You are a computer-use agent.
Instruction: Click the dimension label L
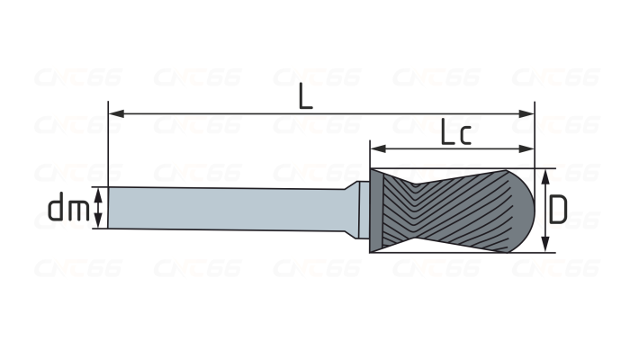tap(305, 96)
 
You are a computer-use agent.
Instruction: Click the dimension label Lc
tap(456, 131)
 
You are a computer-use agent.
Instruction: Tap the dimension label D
tap(558, 210)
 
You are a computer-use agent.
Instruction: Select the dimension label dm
tap(68, 207)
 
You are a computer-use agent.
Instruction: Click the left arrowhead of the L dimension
tap(116, 113)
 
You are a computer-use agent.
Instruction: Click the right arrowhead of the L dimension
tap(526, 113)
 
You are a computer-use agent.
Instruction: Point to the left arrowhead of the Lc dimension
tap(378, 149)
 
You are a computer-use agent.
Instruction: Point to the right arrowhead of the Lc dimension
tap(526, 149)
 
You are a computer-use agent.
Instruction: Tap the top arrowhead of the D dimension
tap(545, 176)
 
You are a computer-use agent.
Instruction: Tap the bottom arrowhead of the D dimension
tap(545, 245)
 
